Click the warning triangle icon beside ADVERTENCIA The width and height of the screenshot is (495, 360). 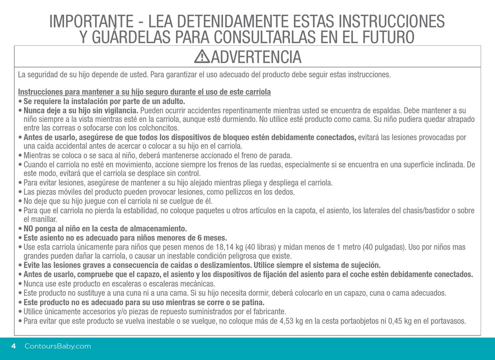tap(202, 56)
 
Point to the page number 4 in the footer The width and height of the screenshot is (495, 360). tap(14, 346)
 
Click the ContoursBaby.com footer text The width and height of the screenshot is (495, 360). tap(58, 346)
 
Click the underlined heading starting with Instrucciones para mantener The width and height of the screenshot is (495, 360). tap(144, 92)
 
